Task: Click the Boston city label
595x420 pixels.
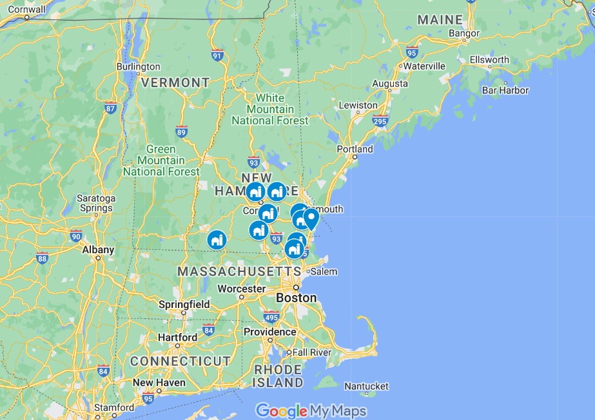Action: point(296,298)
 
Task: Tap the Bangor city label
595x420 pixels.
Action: point(464,33)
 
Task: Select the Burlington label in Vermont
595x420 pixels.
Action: point(138,66)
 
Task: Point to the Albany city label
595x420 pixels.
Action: point(98,249)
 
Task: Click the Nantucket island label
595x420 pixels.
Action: point(366,386)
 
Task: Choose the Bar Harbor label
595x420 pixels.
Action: point(505,91)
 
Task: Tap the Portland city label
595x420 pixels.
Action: point(355,149)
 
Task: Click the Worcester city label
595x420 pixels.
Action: point(241,289)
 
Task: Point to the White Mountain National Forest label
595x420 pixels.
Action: point(270,109)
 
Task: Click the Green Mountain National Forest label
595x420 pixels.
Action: point(161,160)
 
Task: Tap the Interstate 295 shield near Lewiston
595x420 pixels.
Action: point(380,120)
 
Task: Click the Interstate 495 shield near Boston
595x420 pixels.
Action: point(271,317)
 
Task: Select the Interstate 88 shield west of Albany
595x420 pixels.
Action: point(43,258)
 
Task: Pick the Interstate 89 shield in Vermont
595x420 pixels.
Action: point(182,132)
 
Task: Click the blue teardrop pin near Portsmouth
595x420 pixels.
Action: point(311,218)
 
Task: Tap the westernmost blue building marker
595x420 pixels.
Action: point(217,239)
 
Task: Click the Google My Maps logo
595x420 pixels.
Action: point(311,410)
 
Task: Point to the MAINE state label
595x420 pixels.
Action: point(440,20)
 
